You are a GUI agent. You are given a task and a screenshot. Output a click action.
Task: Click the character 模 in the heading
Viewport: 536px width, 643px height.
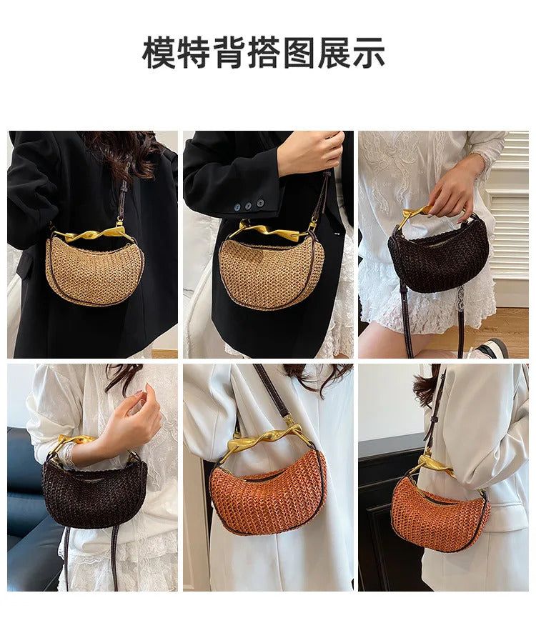(x=159, y=52)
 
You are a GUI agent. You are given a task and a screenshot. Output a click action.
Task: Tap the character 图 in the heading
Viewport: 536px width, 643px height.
(x=299, y=52)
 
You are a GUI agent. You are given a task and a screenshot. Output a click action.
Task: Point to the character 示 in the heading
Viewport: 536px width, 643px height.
(x=368, y=52)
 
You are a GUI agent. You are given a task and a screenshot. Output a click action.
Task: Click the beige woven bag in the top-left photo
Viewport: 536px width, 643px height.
(x=95, y=270)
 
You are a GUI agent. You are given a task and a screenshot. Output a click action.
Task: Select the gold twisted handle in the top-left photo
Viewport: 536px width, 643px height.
(x=94, y=234)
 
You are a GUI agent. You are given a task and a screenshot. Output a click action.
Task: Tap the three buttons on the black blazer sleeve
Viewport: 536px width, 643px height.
(x=249, y=204)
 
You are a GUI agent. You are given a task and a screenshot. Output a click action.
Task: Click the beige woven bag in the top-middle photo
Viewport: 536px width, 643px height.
(x=270, y=273)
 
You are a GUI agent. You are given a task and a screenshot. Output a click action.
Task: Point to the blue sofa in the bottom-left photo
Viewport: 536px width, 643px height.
(x=31, y=509)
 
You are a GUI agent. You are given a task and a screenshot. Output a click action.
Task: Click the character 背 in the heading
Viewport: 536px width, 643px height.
(x=228, y=52)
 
